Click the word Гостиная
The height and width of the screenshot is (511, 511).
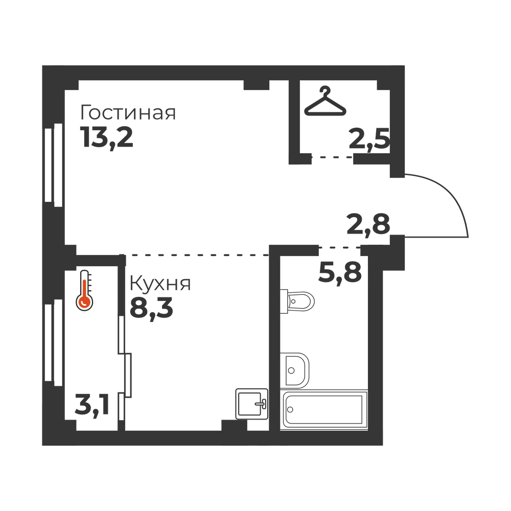(128, 113)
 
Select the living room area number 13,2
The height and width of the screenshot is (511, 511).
(107, 138)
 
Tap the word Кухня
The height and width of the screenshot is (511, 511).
(160, 283)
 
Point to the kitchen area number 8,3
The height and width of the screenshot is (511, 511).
(151, 308)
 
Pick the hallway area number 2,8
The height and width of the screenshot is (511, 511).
(368, 224)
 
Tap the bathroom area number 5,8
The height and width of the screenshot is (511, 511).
(340, 273)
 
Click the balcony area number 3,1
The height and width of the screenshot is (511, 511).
(92, 405)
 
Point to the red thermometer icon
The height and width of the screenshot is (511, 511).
(84, 290)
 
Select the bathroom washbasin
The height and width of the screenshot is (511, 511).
(295, 370)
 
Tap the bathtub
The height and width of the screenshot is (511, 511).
(324, 410)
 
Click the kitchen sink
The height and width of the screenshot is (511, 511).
(251, 404)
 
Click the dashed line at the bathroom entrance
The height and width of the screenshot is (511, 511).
(340, 248)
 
